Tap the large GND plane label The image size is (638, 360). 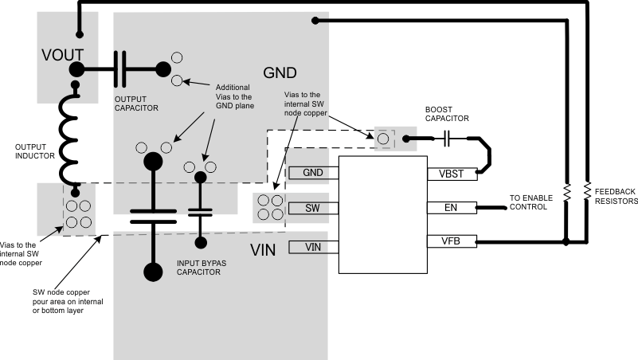point(280,72)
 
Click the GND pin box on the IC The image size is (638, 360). point(313,173)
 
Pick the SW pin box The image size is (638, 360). point(313,209)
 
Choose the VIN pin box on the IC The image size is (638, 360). point(313,247)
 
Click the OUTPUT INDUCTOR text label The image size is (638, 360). point(35,151)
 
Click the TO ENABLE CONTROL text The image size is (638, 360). point(528,202)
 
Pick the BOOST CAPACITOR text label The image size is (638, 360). point(447,114)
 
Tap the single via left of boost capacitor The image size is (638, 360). point(383,139)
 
